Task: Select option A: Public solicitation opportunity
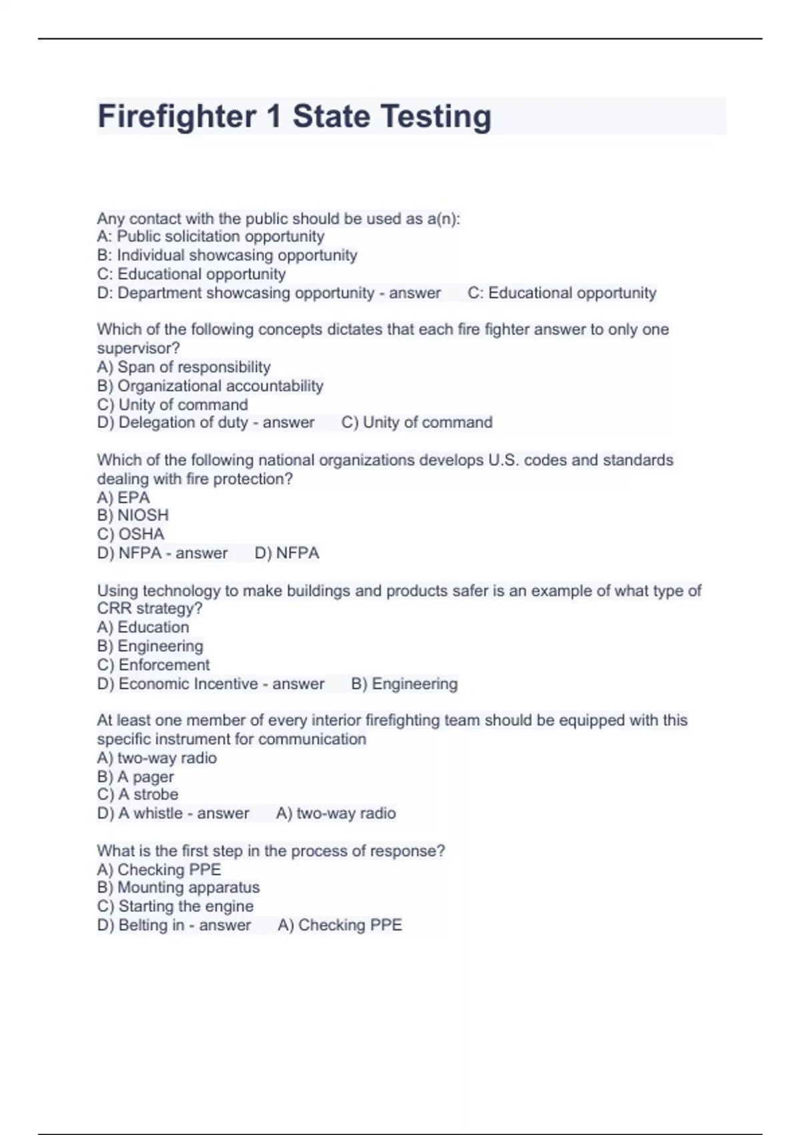pos(210,236)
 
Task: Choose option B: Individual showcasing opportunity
pos(227,255)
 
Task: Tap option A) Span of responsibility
pos(184,367)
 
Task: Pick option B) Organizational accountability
pos(210,386)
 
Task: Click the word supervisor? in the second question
pos(138,349)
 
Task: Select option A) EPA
pos(123,498)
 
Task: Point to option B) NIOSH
pos(133,515)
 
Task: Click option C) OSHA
pos(130,534)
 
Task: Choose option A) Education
pos(143,628)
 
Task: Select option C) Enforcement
pos(153,665)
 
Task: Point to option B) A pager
pos(136,777)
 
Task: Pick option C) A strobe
pos(138,794)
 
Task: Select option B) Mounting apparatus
pos(178,887)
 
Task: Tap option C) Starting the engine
pos(175,906)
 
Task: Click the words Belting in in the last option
pos(152,925)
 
